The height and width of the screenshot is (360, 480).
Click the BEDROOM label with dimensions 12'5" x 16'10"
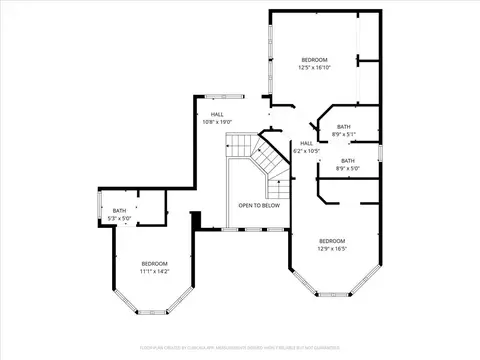point(315,61)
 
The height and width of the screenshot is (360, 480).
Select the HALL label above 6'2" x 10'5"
point(307,143)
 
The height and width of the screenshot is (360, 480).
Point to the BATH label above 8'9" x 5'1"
point(344,126)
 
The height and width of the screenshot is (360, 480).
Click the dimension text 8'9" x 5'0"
point(347,167)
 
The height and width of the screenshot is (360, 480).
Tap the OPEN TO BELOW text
point(258,205)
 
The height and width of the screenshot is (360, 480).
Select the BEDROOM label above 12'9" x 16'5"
point(332,240)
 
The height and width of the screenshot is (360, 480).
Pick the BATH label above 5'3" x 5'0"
point(119,210)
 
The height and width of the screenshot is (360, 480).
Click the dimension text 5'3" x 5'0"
point(119,217)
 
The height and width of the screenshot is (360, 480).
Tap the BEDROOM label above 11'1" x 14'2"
point(155,263)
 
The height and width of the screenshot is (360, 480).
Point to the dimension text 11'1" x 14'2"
point(155,270)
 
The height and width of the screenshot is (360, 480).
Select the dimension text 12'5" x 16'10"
point(315,68)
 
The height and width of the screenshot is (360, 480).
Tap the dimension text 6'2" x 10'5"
point(307,150)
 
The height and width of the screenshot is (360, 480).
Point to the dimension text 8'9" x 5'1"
point(344,133)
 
